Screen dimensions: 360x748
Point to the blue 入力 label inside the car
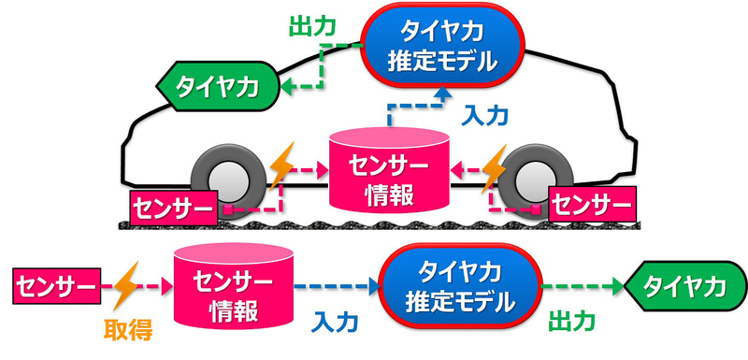(x=484, y=115)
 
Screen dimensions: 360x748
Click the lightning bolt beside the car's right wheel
(x=492, y=167)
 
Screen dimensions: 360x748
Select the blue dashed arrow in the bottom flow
(x=335, y=286)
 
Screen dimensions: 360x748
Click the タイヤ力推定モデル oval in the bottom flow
(x=460, y=287)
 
